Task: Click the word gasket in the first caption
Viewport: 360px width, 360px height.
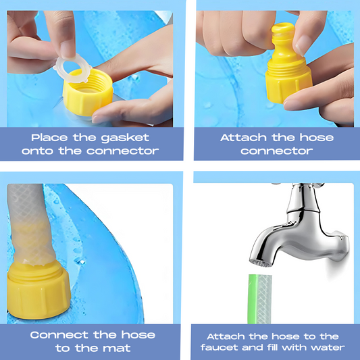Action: click(x=125, y=138)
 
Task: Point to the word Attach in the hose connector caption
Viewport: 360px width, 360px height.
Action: click(x=243, y=138)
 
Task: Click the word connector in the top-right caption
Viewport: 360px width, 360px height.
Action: click(x=277, y=151)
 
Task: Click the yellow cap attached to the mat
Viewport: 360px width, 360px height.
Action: click(x=38, y=290)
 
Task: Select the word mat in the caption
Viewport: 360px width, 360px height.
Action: click(x=117, y=348)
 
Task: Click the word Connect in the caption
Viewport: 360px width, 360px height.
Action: click(x=59, y=335)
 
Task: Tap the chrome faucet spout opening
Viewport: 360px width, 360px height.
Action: click(x=261, y=263)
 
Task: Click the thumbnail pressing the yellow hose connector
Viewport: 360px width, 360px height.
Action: click(x=303, y=45)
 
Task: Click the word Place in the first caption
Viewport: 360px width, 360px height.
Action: click(x=49, y=138)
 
